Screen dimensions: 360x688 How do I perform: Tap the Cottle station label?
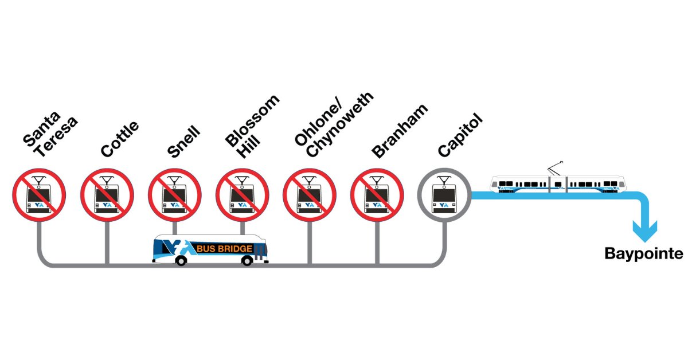(x=119, y=139)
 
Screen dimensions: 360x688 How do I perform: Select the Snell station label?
(x=184, y=142)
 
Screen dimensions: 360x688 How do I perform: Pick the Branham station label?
(x=400, y=131)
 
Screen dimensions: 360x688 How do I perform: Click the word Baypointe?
(x=644, y=254)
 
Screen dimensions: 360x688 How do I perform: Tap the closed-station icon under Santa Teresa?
(x=39, y=195)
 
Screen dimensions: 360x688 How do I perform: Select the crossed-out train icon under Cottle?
(x=107, y=195)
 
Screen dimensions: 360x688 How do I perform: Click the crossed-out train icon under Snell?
(x=174, y=195)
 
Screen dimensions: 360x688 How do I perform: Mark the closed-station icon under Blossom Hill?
(x=242, y=195)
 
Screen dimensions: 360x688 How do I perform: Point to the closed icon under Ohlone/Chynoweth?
(x=310, y=195)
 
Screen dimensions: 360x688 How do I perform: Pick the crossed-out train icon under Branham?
(x=377, y=195)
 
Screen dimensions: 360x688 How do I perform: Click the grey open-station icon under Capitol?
(x=444, y=195)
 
